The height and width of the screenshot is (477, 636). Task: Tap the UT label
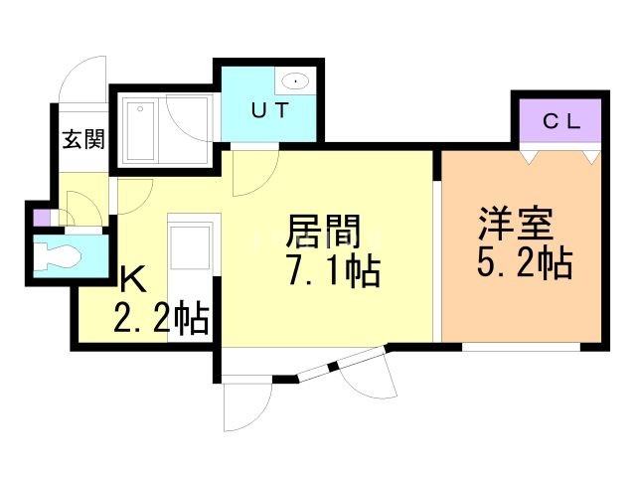tap(268, 111)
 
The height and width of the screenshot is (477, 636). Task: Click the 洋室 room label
tap(514, 222)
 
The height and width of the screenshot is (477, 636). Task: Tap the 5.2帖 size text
tap(524, 262)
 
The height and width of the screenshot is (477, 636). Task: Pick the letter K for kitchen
tap(132, 279)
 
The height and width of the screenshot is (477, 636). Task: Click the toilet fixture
tap(59, 256)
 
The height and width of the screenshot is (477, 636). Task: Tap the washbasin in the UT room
tap(295, 81)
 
